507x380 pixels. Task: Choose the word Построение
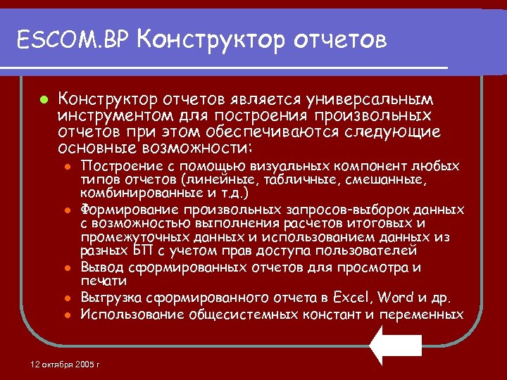[x=115, y=167]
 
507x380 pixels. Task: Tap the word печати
[x=99, y=281]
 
